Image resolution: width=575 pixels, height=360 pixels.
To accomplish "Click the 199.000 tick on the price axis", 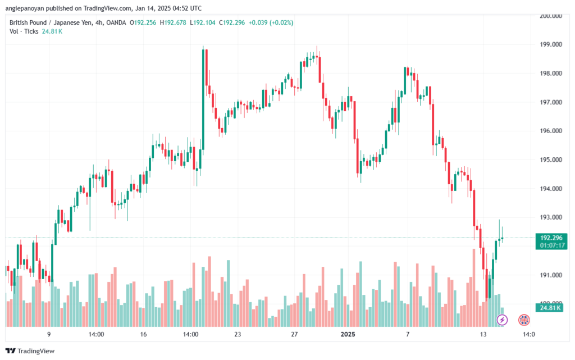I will coord(551,44).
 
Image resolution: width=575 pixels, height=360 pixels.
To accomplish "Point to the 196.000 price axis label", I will coord(551,131).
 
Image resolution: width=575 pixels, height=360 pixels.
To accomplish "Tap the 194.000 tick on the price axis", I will coord(551,189).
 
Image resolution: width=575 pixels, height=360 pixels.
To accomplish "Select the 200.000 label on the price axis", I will coord(551,16).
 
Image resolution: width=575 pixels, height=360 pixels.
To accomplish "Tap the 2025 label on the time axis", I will coord(349,335).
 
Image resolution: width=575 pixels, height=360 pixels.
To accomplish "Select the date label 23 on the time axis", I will coord(238,335).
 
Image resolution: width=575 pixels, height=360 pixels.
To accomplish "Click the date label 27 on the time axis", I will coord(294,335).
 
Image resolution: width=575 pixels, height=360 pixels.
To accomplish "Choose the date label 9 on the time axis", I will coord(49,335).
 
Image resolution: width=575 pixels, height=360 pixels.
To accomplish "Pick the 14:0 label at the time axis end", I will coord(528,335).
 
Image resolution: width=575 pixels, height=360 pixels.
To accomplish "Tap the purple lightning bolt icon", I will coord(503,320).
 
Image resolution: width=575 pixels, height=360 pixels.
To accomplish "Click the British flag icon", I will coord(524,320).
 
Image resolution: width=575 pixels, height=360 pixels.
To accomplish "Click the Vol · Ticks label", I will coord(24,31).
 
